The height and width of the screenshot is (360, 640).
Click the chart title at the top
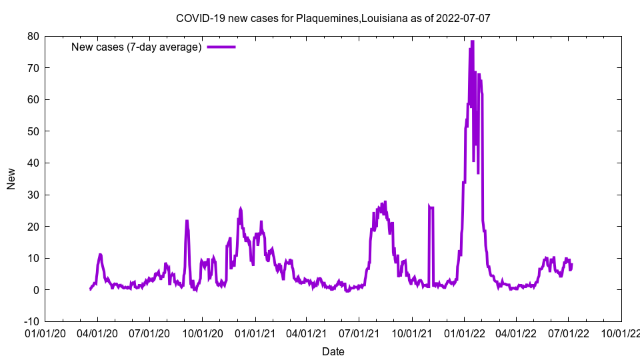tap(333, 18)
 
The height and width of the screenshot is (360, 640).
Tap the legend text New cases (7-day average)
tap(137, 47)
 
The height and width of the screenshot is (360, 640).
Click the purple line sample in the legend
tap(221, 47)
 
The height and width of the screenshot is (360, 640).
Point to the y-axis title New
tap(11, 179)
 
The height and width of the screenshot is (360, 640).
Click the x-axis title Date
tap(333, 351)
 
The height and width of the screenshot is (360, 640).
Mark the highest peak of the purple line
tap(472, 41)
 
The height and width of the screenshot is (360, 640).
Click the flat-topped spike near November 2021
tap(431, 208)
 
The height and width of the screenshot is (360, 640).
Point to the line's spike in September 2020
tap(187, 221)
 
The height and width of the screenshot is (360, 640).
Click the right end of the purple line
tap(571, 265)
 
